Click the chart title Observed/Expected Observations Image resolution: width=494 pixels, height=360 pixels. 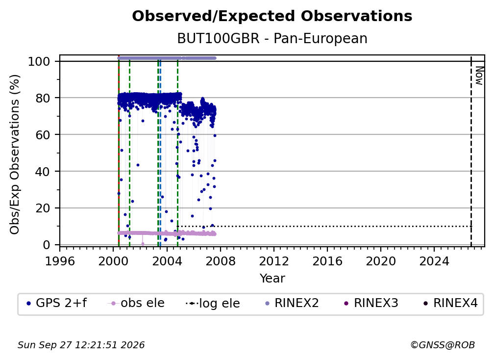[272, 16]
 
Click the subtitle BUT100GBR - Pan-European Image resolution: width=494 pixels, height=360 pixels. [272, 38]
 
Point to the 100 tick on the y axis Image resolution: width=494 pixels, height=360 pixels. [39, 61]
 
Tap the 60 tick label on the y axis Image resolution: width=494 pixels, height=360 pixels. [43, 134]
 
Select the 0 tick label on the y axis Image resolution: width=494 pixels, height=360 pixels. [47, 245]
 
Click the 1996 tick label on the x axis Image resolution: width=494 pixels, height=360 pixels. [60, 261]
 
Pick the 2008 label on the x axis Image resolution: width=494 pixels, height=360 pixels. [220, 261]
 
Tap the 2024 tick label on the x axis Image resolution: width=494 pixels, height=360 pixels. [434, 261]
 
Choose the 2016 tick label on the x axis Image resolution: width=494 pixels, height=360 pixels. [327, 261]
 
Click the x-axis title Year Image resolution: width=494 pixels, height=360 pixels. [272, 279]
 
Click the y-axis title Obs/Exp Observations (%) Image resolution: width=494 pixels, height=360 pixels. [15, 154]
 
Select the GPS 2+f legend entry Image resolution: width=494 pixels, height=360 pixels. [57, 303]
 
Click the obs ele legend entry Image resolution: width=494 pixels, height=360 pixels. [136, 303]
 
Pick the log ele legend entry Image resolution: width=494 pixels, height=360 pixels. [213, 304]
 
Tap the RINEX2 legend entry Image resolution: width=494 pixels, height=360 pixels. [293, 303]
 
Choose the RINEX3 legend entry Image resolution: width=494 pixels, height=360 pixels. [372, 303]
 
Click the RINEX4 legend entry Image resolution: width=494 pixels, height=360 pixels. [451, 303]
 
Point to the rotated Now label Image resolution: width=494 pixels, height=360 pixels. [479, 76]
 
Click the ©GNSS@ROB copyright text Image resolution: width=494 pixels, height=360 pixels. [443, 345]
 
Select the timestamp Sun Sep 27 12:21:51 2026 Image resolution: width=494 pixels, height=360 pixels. [81, 345]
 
